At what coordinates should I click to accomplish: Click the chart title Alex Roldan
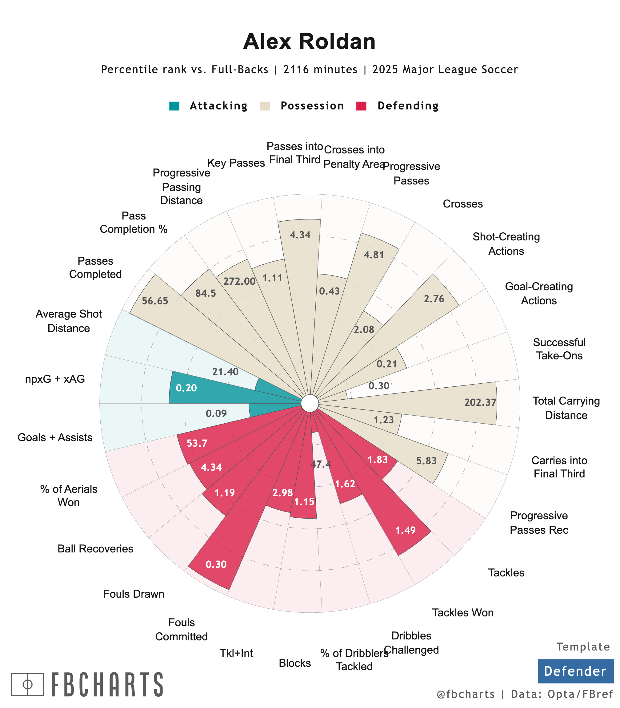click(309, 42)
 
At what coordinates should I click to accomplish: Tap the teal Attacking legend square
click(174, 106)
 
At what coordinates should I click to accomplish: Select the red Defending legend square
click(361, 106)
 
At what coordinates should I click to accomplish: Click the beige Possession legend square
click(265, 106)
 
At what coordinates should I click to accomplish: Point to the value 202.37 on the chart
click(480, 402)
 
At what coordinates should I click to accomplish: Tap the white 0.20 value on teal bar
click(186, 388)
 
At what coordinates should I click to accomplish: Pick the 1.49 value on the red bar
click(406, 530)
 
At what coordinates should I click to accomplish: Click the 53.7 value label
click(197, 443)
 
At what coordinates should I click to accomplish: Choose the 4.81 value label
click(374, 255)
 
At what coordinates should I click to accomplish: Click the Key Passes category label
click(236, 163)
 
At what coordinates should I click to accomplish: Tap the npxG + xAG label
click(55, 379)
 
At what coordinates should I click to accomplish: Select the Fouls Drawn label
click(134, 594)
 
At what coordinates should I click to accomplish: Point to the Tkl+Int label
click(236, 653)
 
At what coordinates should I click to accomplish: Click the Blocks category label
click(295, 663)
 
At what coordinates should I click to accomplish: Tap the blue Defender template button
click(575, 671)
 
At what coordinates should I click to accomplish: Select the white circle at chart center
click(310, 403)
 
